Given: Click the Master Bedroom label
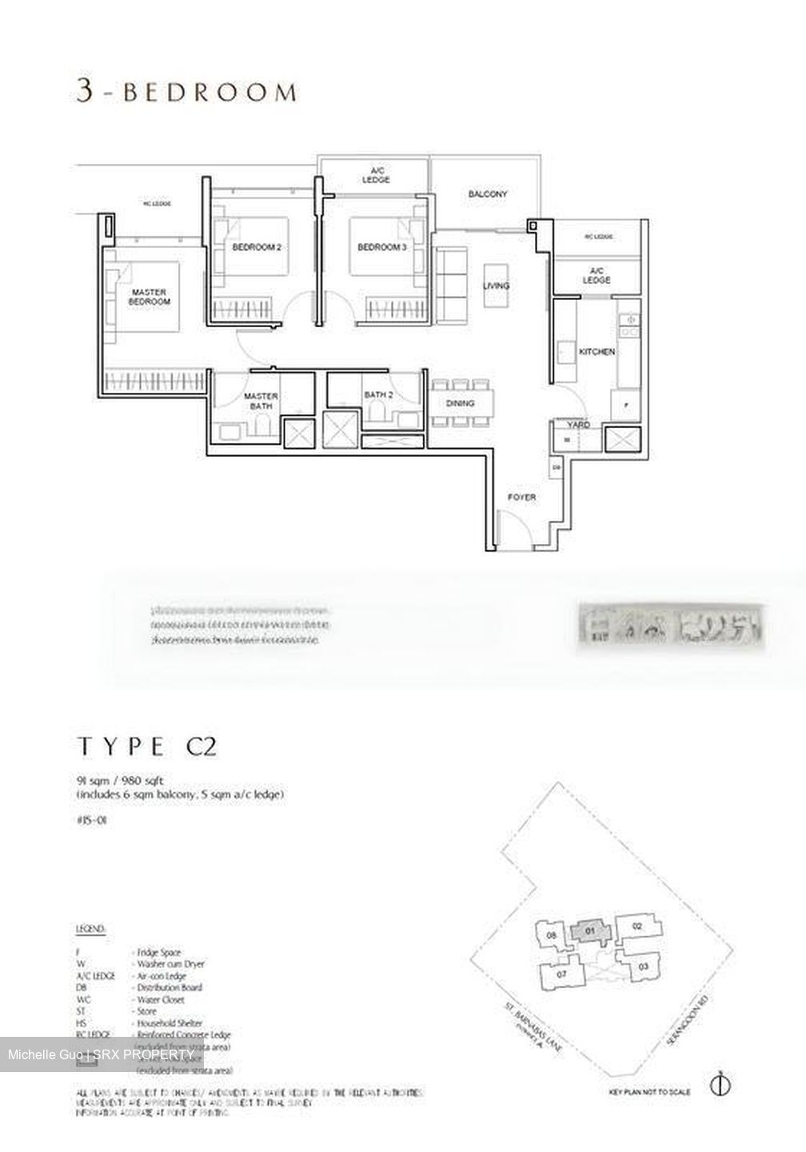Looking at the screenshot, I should [x=150, y=298].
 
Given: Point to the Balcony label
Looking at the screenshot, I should [x=488, y=194].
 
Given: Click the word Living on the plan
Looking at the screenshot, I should [x=496, y=286].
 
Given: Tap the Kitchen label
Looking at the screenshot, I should [x=597, y=352].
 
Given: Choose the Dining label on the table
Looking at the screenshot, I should [x=460, y=403].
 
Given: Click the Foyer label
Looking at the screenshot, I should [x=522, y=498].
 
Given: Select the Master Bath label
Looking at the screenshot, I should [x=261, y=401].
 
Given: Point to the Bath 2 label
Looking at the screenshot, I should [x=378, y=395].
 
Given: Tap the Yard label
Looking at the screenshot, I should [x=579, y=425].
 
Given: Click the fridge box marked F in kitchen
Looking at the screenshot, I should [x=626, y=405].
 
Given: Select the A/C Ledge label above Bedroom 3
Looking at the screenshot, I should [x=375, y=175].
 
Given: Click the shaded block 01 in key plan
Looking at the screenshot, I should [x=590, y=931].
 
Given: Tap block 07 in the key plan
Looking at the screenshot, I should [x=561, y=974].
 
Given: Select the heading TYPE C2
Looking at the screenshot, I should [x=146, y=747].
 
